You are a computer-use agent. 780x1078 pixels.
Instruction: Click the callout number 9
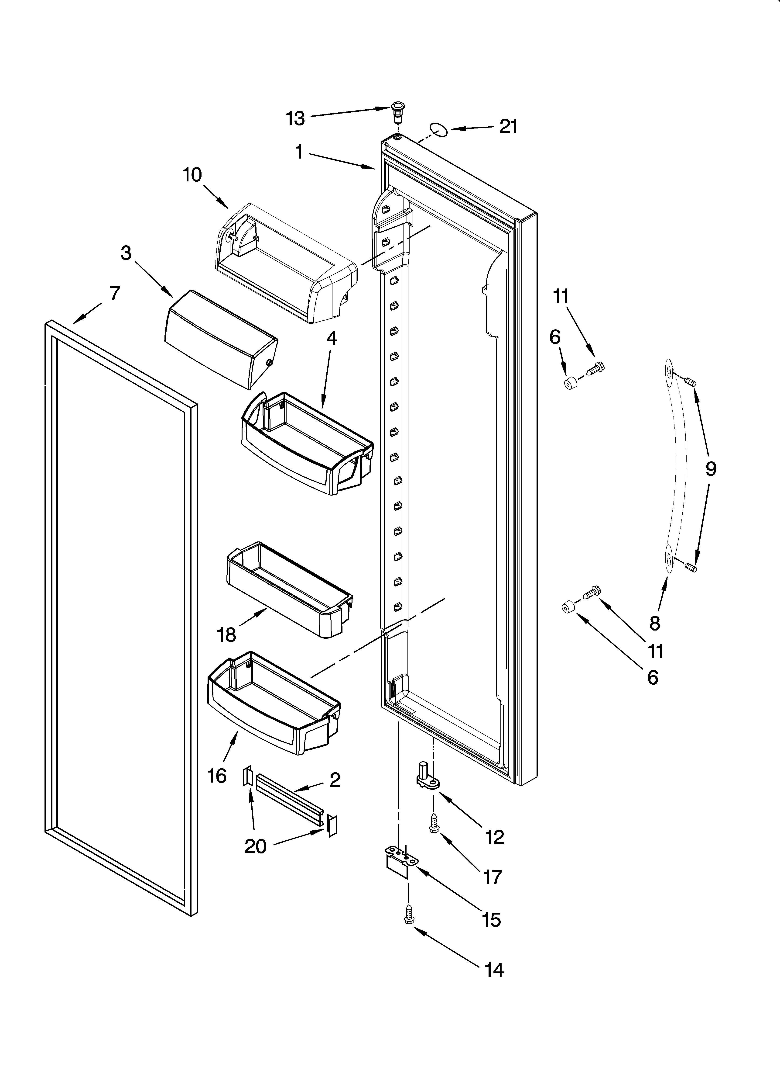(x=710, y=469)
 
